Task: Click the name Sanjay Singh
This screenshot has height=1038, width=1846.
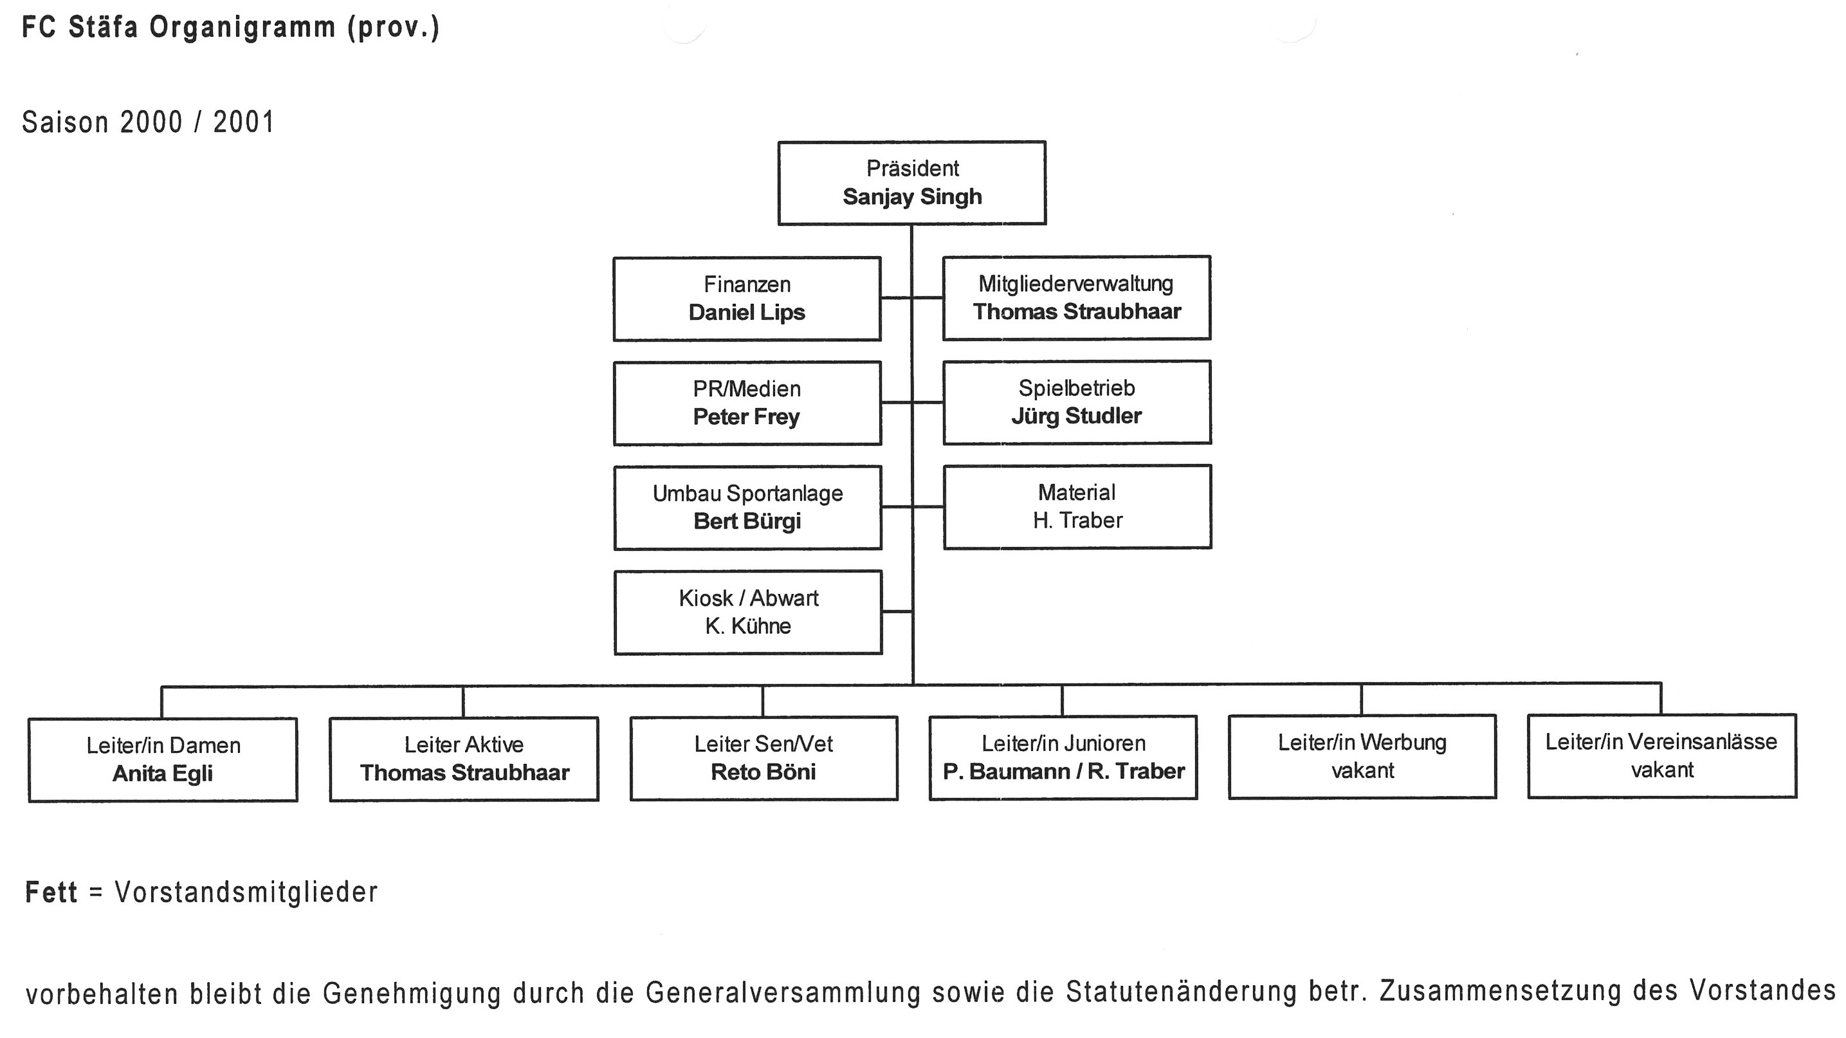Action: (x=911, y=197)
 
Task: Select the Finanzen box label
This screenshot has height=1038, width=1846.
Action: (x=747, y=284)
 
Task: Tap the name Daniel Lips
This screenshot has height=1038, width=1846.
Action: (x=747, y=313)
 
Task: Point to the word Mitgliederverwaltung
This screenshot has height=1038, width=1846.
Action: (x=1075, y=284)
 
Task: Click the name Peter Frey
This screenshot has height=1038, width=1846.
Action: (x=746, y=417)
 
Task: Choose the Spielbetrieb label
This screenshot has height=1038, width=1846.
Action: (x=1076, y=389)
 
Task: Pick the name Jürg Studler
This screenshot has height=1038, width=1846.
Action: (x=1076, y=416)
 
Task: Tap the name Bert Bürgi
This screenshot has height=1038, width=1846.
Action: (x=747, y=521)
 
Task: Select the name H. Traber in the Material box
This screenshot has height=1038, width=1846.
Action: (x=1077, y=521)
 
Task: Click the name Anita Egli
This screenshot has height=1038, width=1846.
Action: (x=163, y=774)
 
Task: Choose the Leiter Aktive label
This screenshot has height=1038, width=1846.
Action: (x=464, y=745)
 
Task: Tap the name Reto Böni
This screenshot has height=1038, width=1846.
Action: (x=763, y=772)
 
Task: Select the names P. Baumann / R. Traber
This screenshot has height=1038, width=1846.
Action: (x=1063, y=772)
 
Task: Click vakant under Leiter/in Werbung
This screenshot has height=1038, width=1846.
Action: (x=1362, y=770)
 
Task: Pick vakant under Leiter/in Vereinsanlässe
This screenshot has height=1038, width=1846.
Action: (x=1662, y=770)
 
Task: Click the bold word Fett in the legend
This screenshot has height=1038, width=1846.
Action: (x=51, y=893)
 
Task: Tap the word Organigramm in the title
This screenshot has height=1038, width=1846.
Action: (x=242, y=27)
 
